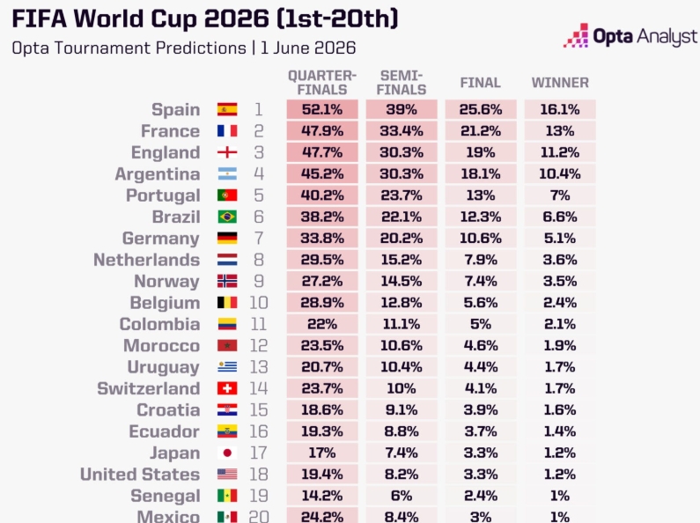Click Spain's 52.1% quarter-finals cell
[322, 109]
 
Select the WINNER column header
[560, 83]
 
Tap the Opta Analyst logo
[630, 35]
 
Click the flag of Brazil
[227, 217]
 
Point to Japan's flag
[227, 453]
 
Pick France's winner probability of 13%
[560, 130]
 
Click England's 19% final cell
[481, 152]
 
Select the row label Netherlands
[146, 260]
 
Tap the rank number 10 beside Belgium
[259, 303]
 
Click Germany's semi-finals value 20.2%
[402, 239]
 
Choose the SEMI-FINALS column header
[402, 83]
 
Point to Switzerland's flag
[227, 388]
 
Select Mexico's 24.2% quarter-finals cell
[322, 516]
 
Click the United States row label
[140, 475]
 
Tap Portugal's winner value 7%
[560, 195]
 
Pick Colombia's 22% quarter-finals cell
[322, 324]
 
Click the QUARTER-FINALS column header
[322, 83]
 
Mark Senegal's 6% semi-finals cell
[402, 496]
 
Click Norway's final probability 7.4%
[481, 281]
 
